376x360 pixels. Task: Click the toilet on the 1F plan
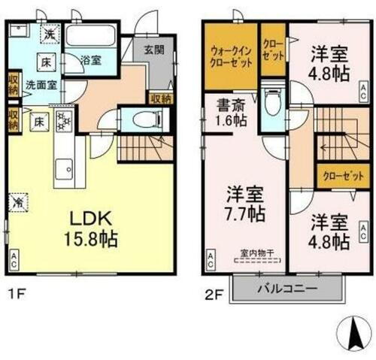pos(143,119)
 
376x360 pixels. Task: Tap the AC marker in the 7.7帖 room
pos(210,260)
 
